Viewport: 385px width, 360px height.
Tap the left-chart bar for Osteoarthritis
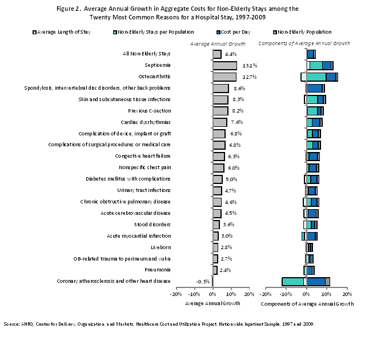coord(224,77)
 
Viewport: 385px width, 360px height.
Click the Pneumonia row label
coord(158,269)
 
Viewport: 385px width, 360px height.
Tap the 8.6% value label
coord(239,88)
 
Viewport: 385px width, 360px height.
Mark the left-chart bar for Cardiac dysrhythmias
coord(219,122)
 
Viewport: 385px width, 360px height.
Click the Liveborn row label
coord(161,247)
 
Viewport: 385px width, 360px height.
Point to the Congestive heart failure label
coord(143,156)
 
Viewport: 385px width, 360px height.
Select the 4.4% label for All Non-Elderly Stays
coord(230,54)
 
